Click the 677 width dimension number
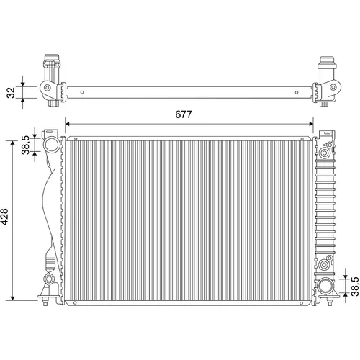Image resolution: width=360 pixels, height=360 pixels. [x=184, y=114]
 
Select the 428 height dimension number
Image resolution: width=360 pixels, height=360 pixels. [x=4, y=217]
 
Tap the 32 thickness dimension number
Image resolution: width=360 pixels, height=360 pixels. [x=11, y=92]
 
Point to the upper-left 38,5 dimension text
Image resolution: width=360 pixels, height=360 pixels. [x=25, y=145]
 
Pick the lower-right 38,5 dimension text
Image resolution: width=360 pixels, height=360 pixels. [x=355, y=287]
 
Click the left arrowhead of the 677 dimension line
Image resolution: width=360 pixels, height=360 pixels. [x=68, y=124]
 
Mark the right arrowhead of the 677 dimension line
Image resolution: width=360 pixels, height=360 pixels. [x=311, y=124]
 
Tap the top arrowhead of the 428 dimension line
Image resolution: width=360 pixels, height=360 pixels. [x=13, y=143]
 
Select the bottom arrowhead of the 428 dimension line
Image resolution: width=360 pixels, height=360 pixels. [x=13, y=298]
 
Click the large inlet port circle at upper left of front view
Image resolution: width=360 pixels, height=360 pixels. [x=53, y=144]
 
